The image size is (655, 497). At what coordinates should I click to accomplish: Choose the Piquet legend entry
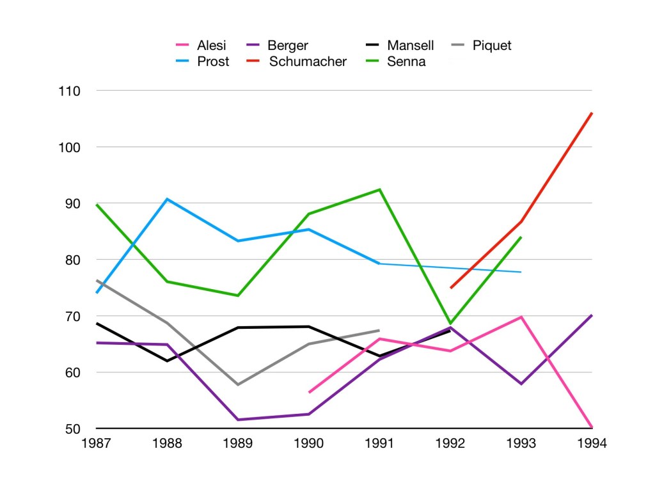point(491,45)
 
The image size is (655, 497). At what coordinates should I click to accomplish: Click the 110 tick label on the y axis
point(68,91)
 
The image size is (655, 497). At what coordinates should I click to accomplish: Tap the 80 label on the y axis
point(72,260)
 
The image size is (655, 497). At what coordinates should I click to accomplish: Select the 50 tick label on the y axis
point(72,429)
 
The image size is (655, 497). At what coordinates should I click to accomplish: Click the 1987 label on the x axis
point(96,443)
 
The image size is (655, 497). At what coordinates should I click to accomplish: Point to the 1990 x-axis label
point(308,443)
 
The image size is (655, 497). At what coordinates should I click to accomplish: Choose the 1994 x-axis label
point(592,443)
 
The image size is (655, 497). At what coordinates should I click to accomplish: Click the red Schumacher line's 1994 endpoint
point(592,113)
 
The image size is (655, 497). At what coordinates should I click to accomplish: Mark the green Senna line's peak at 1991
point(379,189)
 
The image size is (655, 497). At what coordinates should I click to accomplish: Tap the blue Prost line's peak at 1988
point(167,199)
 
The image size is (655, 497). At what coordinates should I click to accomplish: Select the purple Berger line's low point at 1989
point(238,420)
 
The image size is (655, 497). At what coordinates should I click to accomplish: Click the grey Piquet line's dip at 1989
point(238,384)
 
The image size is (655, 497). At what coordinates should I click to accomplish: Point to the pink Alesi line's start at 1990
point(309,392)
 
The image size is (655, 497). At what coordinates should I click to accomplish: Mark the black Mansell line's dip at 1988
point(167,361)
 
